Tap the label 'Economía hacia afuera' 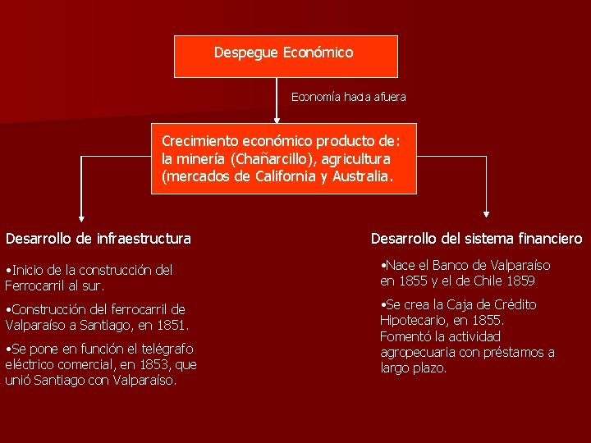point(348,97)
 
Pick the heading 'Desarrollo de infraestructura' point(98,239)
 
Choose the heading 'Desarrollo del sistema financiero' point(476,239)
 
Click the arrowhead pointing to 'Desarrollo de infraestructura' point(80,217)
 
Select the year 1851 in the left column point(172,325)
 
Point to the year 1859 point(520,281)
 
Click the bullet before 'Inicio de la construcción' point(7,270)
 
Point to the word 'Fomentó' point(405,336)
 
